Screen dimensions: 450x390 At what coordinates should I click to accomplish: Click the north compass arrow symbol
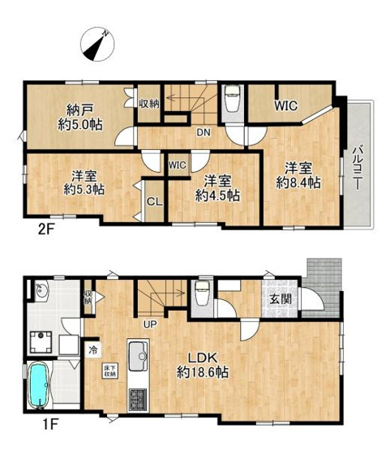pos(98,41)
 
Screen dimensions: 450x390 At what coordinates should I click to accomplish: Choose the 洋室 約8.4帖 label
pos(300,176)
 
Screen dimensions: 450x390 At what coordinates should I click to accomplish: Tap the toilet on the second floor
pos(230,100)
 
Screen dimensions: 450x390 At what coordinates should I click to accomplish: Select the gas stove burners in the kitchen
pos(135,399)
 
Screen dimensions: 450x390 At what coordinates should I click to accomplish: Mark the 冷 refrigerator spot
pos(93,351)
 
